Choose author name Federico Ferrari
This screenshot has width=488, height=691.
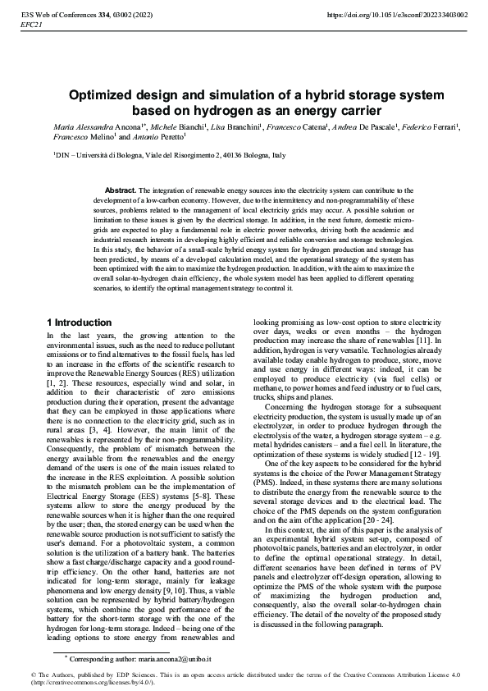(436, 130)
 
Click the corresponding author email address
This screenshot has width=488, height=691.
(181, 659)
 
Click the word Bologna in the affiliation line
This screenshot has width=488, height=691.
(115, 154)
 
